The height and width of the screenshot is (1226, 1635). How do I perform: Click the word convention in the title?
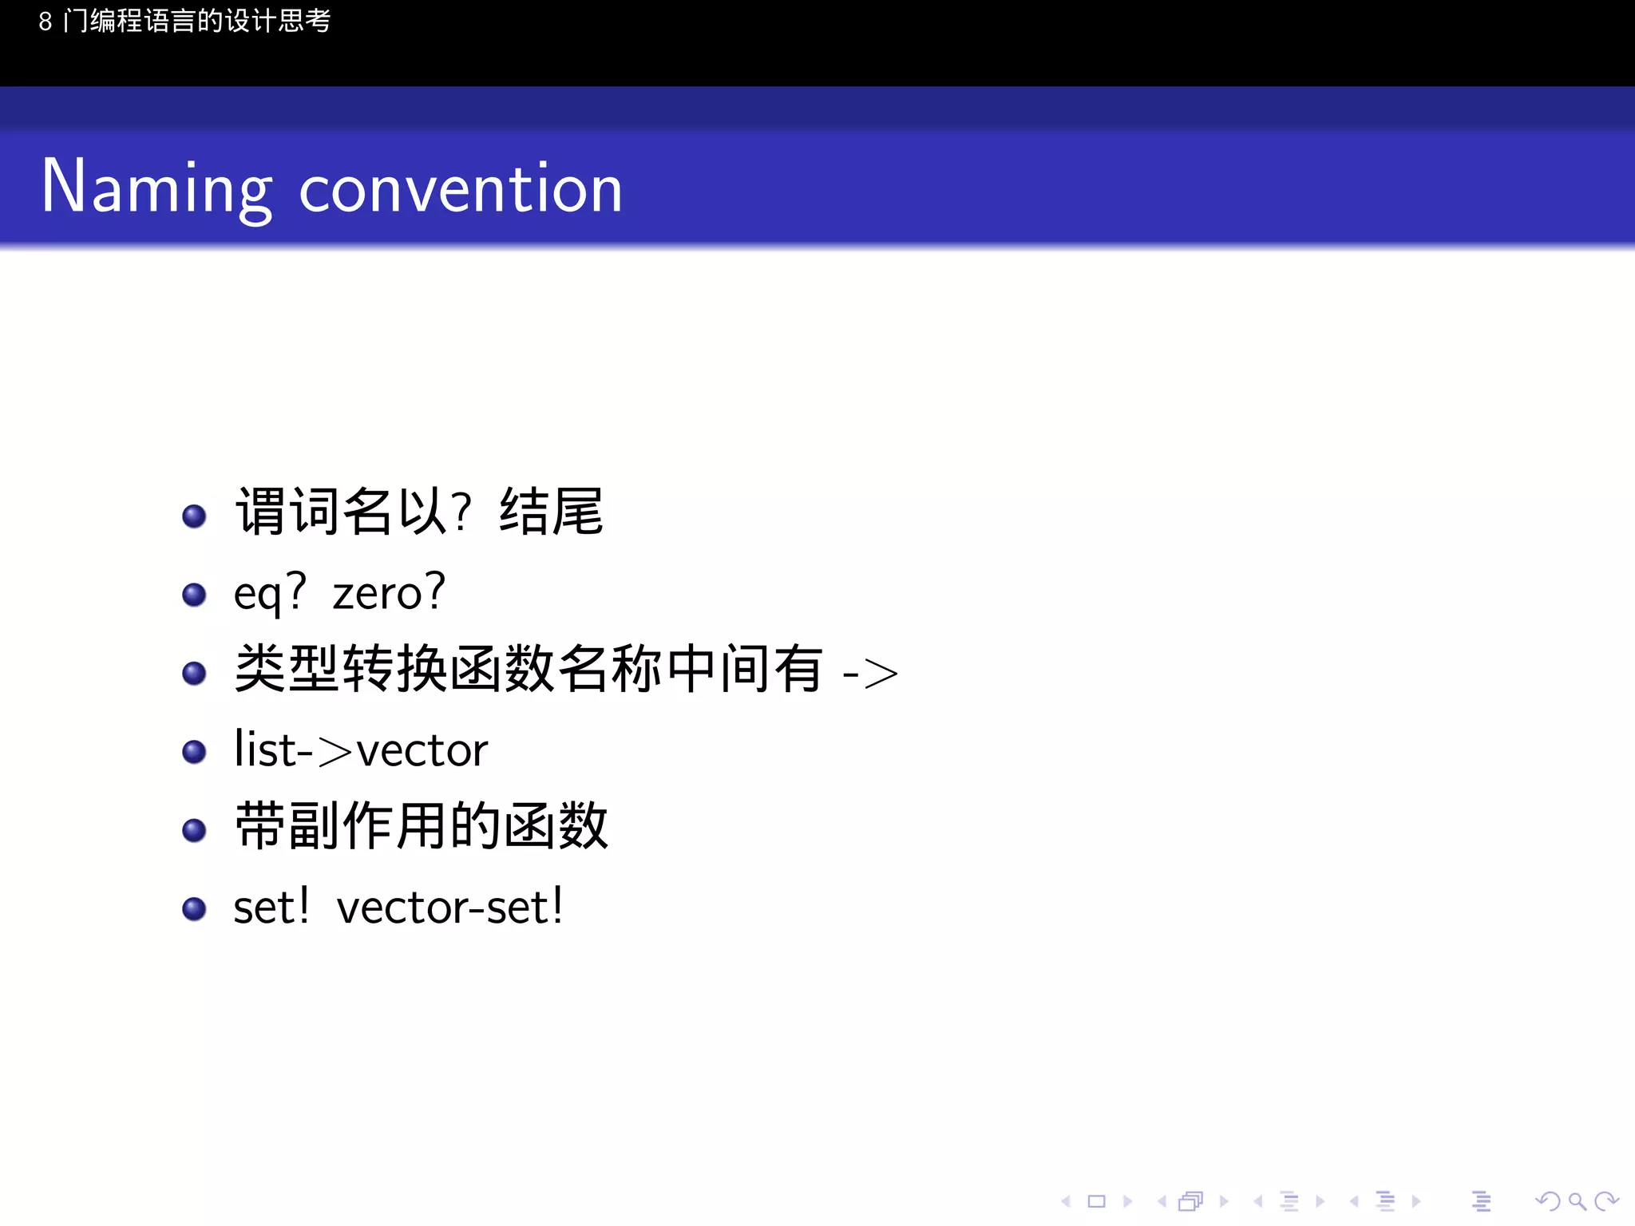pos(461,189)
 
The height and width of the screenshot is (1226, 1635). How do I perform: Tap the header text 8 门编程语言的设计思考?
pos(184,21)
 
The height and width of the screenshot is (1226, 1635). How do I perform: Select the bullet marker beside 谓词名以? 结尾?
pos(194,516)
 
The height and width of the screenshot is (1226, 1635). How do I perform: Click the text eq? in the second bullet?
pos(270,593)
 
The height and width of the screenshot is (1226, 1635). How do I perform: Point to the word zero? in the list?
pos(389,593)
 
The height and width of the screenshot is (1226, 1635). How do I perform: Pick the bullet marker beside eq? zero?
pos(194,595)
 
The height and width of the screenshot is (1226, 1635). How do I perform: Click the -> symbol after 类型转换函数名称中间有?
pos(870,673)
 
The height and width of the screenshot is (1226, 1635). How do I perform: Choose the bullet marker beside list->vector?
pos(194,752)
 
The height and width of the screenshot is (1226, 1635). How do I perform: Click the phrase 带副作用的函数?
pos(422,826)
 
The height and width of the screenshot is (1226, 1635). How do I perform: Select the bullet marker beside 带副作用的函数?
pos(194,830)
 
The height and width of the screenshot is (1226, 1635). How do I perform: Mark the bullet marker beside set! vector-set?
pos(194,908)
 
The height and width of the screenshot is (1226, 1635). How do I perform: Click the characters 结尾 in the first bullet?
pos(552,512)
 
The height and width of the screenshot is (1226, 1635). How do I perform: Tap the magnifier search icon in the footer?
pos(1577,1201)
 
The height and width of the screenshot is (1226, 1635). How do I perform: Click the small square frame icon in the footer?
pos(1097,1201)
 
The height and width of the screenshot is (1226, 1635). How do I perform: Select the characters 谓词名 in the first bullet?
pos(314,512)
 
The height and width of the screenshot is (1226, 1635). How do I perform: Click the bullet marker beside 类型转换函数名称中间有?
pos(194,673)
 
